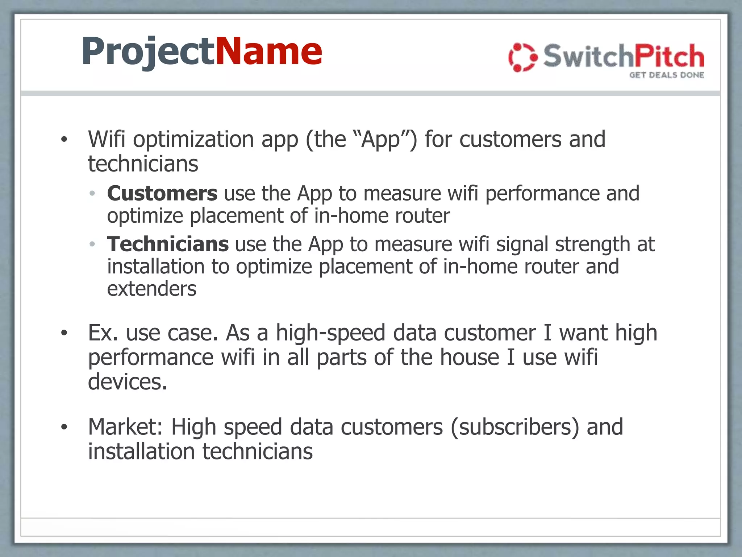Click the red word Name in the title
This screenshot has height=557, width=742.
point(269,51)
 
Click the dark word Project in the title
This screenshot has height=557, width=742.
point(149,51)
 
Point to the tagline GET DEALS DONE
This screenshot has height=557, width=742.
point(667,75)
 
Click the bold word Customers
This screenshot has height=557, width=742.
point(162,193)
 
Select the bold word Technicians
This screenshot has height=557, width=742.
point(168,244)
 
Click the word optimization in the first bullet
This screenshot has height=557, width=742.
point(193,140)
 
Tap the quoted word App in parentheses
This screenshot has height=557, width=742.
point(381,140)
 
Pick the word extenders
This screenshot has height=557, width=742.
point(151,289)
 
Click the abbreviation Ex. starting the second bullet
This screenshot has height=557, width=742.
point(103,333)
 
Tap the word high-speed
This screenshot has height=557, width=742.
point(330,333)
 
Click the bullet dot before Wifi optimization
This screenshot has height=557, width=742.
point(64,140)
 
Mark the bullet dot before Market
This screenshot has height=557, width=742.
point(64,427)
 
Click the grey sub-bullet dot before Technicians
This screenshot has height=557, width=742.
point(92,244)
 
